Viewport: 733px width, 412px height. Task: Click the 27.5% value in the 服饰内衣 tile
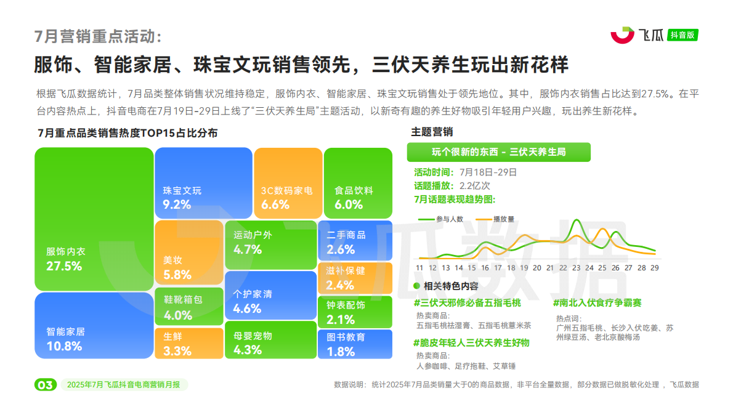pyautogui.click(x=64, y=266)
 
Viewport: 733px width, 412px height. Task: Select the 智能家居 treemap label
pyautogui.click(x=65, y=331)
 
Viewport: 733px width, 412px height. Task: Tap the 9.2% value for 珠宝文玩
pyautogui.click(x=177, y=204)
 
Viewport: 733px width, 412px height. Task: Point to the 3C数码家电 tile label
pyautogui.click(x=287, y=191)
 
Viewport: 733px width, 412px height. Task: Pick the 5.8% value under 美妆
pyautogui.click(x=177, y=275)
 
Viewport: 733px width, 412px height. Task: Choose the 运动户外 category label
pyautogui.click(x=253, y=235)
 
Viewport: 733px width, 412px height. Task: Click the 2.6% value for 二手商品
pyautogui.click(x=341, y=249)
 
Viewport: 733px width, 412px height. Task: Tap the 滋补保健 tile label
pyautogui.click(x=346, y=270)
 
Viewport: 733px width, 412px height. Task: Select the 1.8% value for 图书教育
pyautogui.click(x=341, y=352)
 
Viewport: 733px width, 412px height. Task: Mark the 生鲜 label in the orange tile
pyautogui.click(x=172, y=337)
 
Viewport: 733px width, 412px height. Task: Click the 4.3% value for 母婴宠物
pyautogui.click(x=248, y=350)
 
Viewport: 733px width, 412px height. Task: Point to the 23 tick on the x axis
pyautogui.click(x=576, y=268)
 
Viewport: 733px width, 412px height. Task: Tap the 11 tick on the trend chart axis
pyautogui.click(x=419, y=268)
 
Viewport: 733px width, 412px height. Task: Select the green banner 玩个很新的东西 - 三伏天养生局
pyautogui.click(x=498, y=151)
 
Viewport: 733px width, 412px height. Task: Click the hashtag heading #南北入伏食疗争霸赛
pyautogui.click(x=597, y=303)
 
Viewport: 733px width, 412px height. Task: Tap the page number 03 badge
pyautogui.click(x=45, y=385)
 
